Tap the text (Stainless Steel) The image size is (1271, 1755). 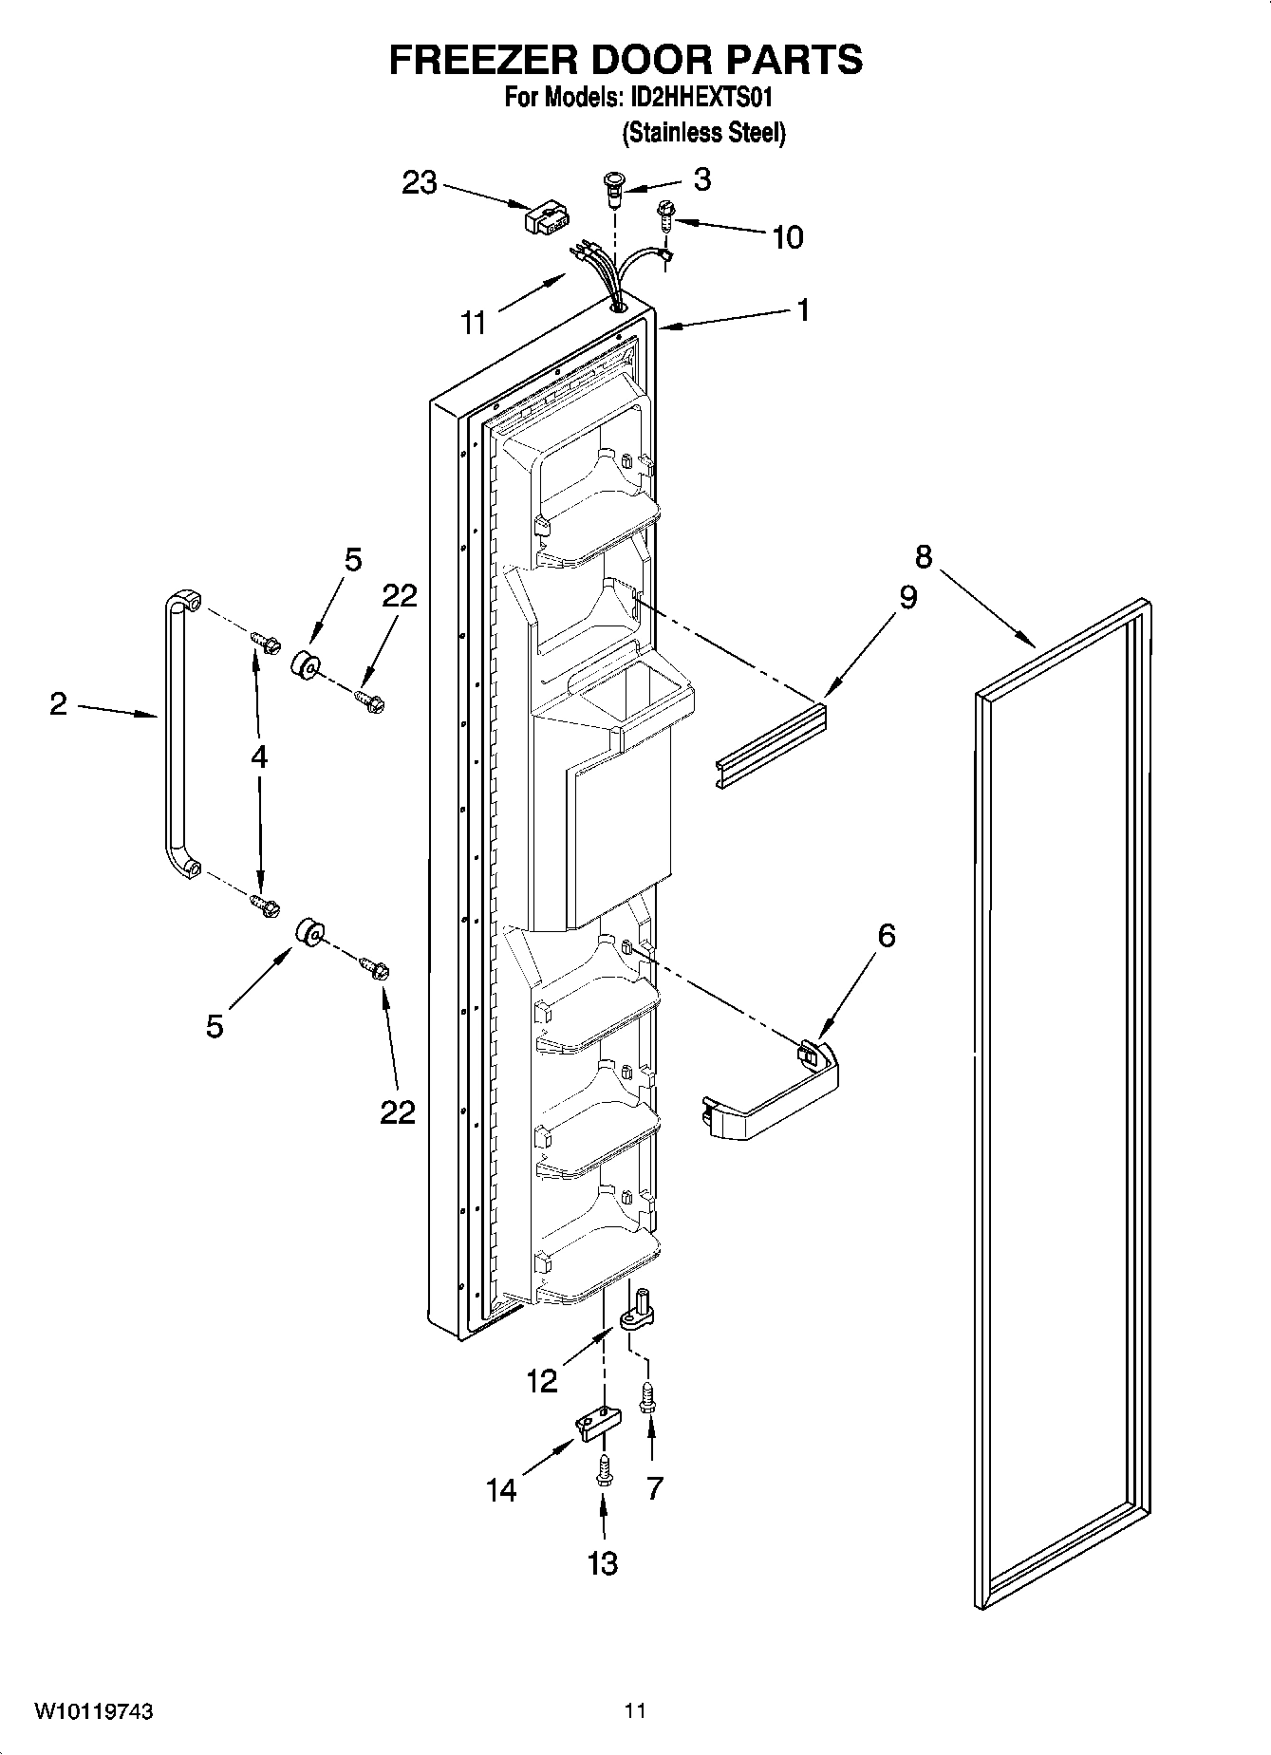click(x=703, y=133)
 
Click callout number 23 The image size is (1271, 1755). click(x=419, y=181)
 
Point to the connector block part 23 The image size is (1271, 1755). click(x=547, y=217)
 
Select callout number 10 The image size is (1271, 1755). click(x=787, y=236)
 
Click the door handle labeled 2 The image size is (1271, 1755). click(x=171, y=740)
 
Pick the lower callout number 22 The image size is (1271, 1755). click(x=398, y=1111)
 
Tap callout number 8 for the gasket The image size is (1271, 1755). click(x=924, y=556)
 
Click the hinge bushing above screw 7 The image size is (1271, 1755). click(x=639, y=1310)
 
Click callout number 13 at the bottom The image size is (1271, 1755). click(x=603, y=1562)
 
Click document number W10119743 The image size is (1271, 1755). click(x=94, y=1711)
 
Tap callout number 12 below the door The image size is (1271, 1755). click(x=542, y=1381)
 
